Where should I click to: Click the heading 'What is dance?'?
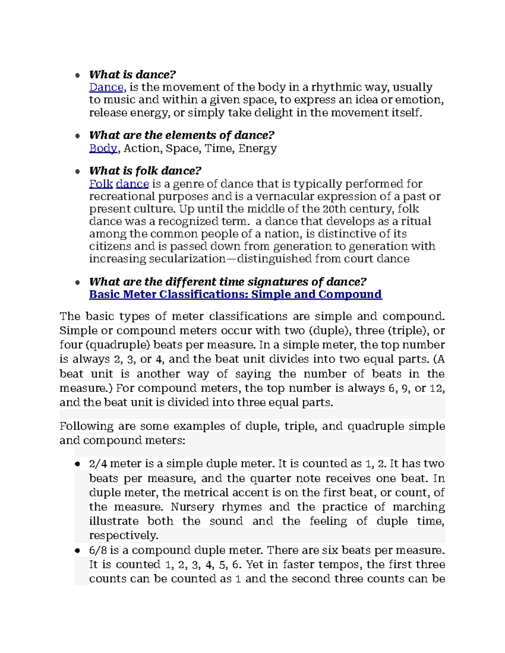coord(132,75)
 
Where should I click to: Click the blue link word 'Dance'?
coord(106,87)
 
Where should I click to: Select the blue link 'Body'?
coord(103,148)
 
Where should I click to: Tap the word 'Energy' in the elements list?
coord(258,148)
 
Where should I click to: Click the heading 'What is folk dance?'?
coord(145,171)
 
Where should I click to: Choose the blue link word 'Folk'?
coord(101,184)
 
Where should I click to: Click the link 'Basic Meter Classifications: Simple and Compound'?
coord(235,294)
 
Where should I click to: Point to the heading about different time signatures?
coord(228,282)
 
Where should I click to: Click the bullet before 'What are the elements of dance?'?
coord(77,136)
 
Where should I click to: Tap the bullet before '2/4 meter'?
coord(77,464)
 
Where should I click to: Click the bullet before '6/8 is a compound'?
coord(77,550)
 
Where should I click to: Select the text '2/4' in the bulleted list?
coord(98,464)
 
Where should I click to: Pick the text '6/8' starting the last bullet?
coord(98,550)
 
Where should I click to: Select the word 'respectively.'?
coord(124,535)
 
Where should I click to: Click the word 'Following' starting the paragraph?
coord(86,426)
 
